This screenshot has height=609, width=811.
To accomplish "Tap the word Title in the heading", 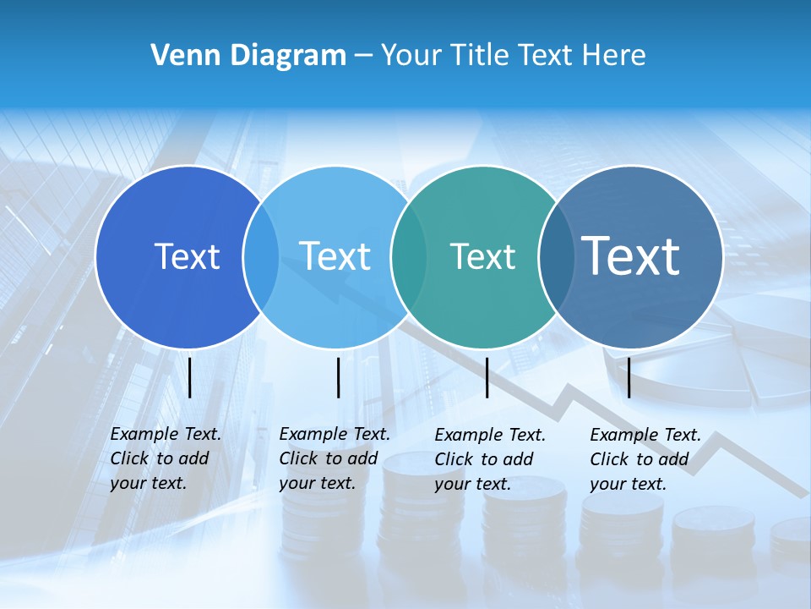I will coord(480,56).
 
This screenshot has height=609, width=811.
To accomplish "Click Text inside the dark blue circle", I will coord(187,256).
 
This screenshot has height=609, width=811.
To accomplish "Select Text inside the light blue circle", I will coord(335,256).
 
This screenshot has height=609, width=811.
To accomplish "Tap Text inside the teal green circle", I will coord(482,256).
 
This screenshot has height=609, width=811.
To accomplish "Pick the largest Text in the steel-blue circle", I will coord(631,255).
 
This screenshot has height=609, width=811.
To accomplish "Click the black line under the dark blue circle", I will coord(189,377).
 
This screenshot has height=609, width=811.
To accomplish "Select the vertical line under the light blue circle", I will coord(338,377).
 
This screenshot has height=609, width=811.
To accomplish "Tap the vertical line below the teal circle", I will coord(487,377).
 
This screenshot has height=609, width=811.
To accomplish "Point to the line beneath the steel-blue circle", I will coord(629,377).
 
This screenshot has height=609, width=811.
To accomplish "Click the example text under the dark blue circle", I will coord(165,458).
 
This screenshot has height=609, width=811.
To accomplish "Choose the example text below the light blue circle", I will coord(334,458).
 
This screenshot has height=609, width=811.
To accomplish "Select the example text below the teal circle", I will coord(489,459).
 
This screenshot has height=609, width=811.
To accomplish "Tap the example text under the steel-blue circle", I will coord(645,459).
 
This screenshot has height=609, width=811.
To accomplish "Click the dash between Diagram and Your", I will coord(363,56).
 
